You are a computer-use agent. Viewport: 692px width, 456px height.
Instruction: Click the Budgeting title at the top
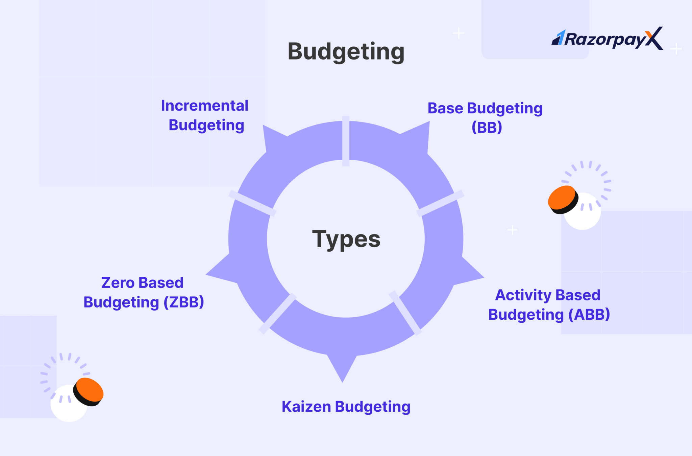346,52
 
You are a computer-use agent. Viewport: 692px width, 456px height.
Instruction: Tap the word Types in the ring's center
346,239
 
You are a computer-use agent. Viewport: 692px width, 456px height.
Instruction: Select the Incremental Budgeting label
205,115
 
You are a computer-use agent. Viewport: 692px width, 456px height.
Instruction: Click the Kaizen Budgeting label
346,407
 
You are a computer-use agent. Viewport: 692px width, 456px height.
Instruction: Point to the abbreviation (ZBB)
184,302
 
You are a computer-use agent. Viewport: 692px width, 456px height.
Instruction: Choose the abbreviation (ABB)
589,315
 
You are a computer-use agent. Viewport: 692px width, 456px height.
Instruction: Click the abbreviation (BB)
487,128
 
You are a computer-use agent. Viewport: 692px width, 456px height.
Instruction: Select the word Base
445,109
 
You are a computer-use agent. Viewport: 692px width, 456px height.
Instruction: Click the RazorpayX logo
607,39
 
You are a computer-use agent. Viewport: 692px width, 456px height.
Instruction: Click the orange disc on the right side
562,199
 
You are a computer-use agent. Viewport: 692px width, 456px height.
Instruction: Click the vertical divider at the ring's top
346,141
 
